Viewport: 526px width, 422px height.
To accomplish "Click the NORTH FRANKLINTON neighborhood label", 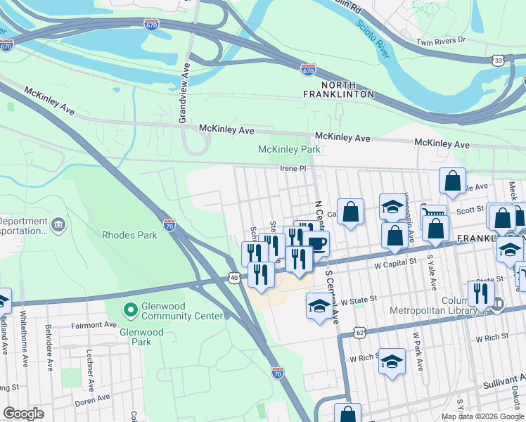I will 338,89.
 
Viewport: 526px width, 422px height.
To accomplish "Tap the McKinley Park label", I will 289,150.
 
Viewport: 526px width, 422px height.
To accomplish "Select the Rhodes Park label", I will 129,235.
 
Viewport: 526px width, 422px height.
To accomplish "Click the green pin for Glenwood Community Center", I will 129,309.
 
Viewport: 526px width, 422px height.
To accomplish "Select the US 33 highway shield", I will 498,62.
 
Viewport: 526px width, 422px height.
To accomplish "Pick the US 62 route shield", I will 359,331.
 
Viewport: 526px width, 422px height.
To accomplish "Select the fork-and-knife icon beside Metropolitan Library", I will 481,293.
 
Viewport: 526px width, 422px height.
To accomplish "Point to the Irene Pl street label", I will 293,169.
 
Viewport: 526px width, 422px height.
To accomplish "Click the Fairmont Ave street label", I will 94,326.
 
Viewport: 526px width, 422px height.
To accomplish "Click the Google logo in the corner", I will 23,414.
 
